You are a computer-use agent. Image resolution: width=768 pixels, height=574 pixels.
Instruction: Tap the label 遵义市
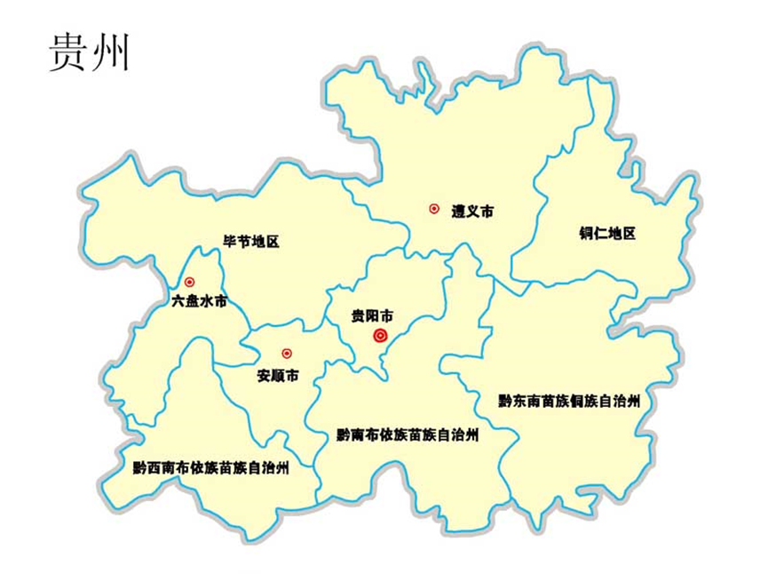click(x=471, y=211)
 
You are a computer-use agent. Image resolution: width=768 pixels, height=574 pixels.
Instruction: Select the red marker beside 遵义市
click(x=434, y=209)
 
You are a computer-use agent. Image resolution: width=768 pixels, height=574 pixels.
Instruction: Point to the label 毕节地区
click(x=250, y=241)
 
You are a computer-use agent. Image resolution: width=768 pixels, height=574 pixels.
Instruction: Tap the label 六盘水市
click(x=199, y=301)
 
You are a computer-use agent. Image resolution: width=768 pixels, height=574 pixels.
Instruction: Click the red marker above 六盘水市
click(x=189, y=282)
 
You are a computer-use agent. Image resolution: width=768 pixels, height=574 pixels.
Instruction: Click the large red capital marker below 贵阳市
click(x=381, y=335)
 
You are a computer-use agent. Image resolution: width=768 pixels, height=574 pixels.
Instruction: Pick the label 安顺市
click(x=277, y=376)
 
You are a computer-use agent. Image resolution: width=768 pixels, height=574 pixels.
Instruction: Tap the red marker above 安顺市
click(x=286, y=353)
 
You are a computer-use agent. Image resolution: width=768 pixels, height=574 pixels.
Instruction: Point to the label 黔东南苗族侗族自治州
click(x=569, y=401)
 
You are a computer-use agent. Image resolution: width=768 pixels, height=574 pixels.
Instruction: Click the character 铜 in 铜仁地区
click(x=584, y=234)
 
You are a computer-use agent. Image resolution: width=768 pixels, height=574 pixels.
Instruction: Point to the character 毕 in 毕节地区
click(x=229, y=241)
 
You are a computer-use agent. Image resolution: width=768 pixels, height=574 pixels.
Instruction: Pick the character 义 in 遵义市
click(x=471, y=211)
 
